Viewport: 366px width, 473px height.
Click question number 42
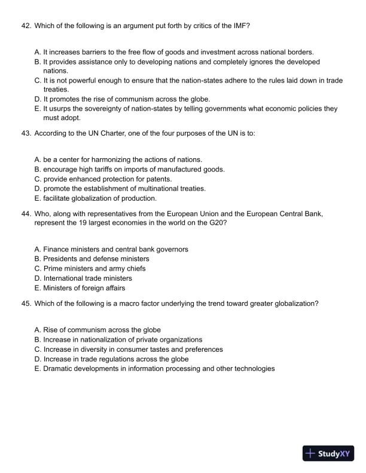(x=26, y=26)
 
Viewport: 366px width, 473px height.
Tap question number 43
(x=26, y=134)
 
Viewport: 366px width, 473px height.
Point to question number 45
(x=26, y=303)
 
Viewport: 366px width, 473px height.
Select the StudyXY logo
(x=329, y=453)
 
